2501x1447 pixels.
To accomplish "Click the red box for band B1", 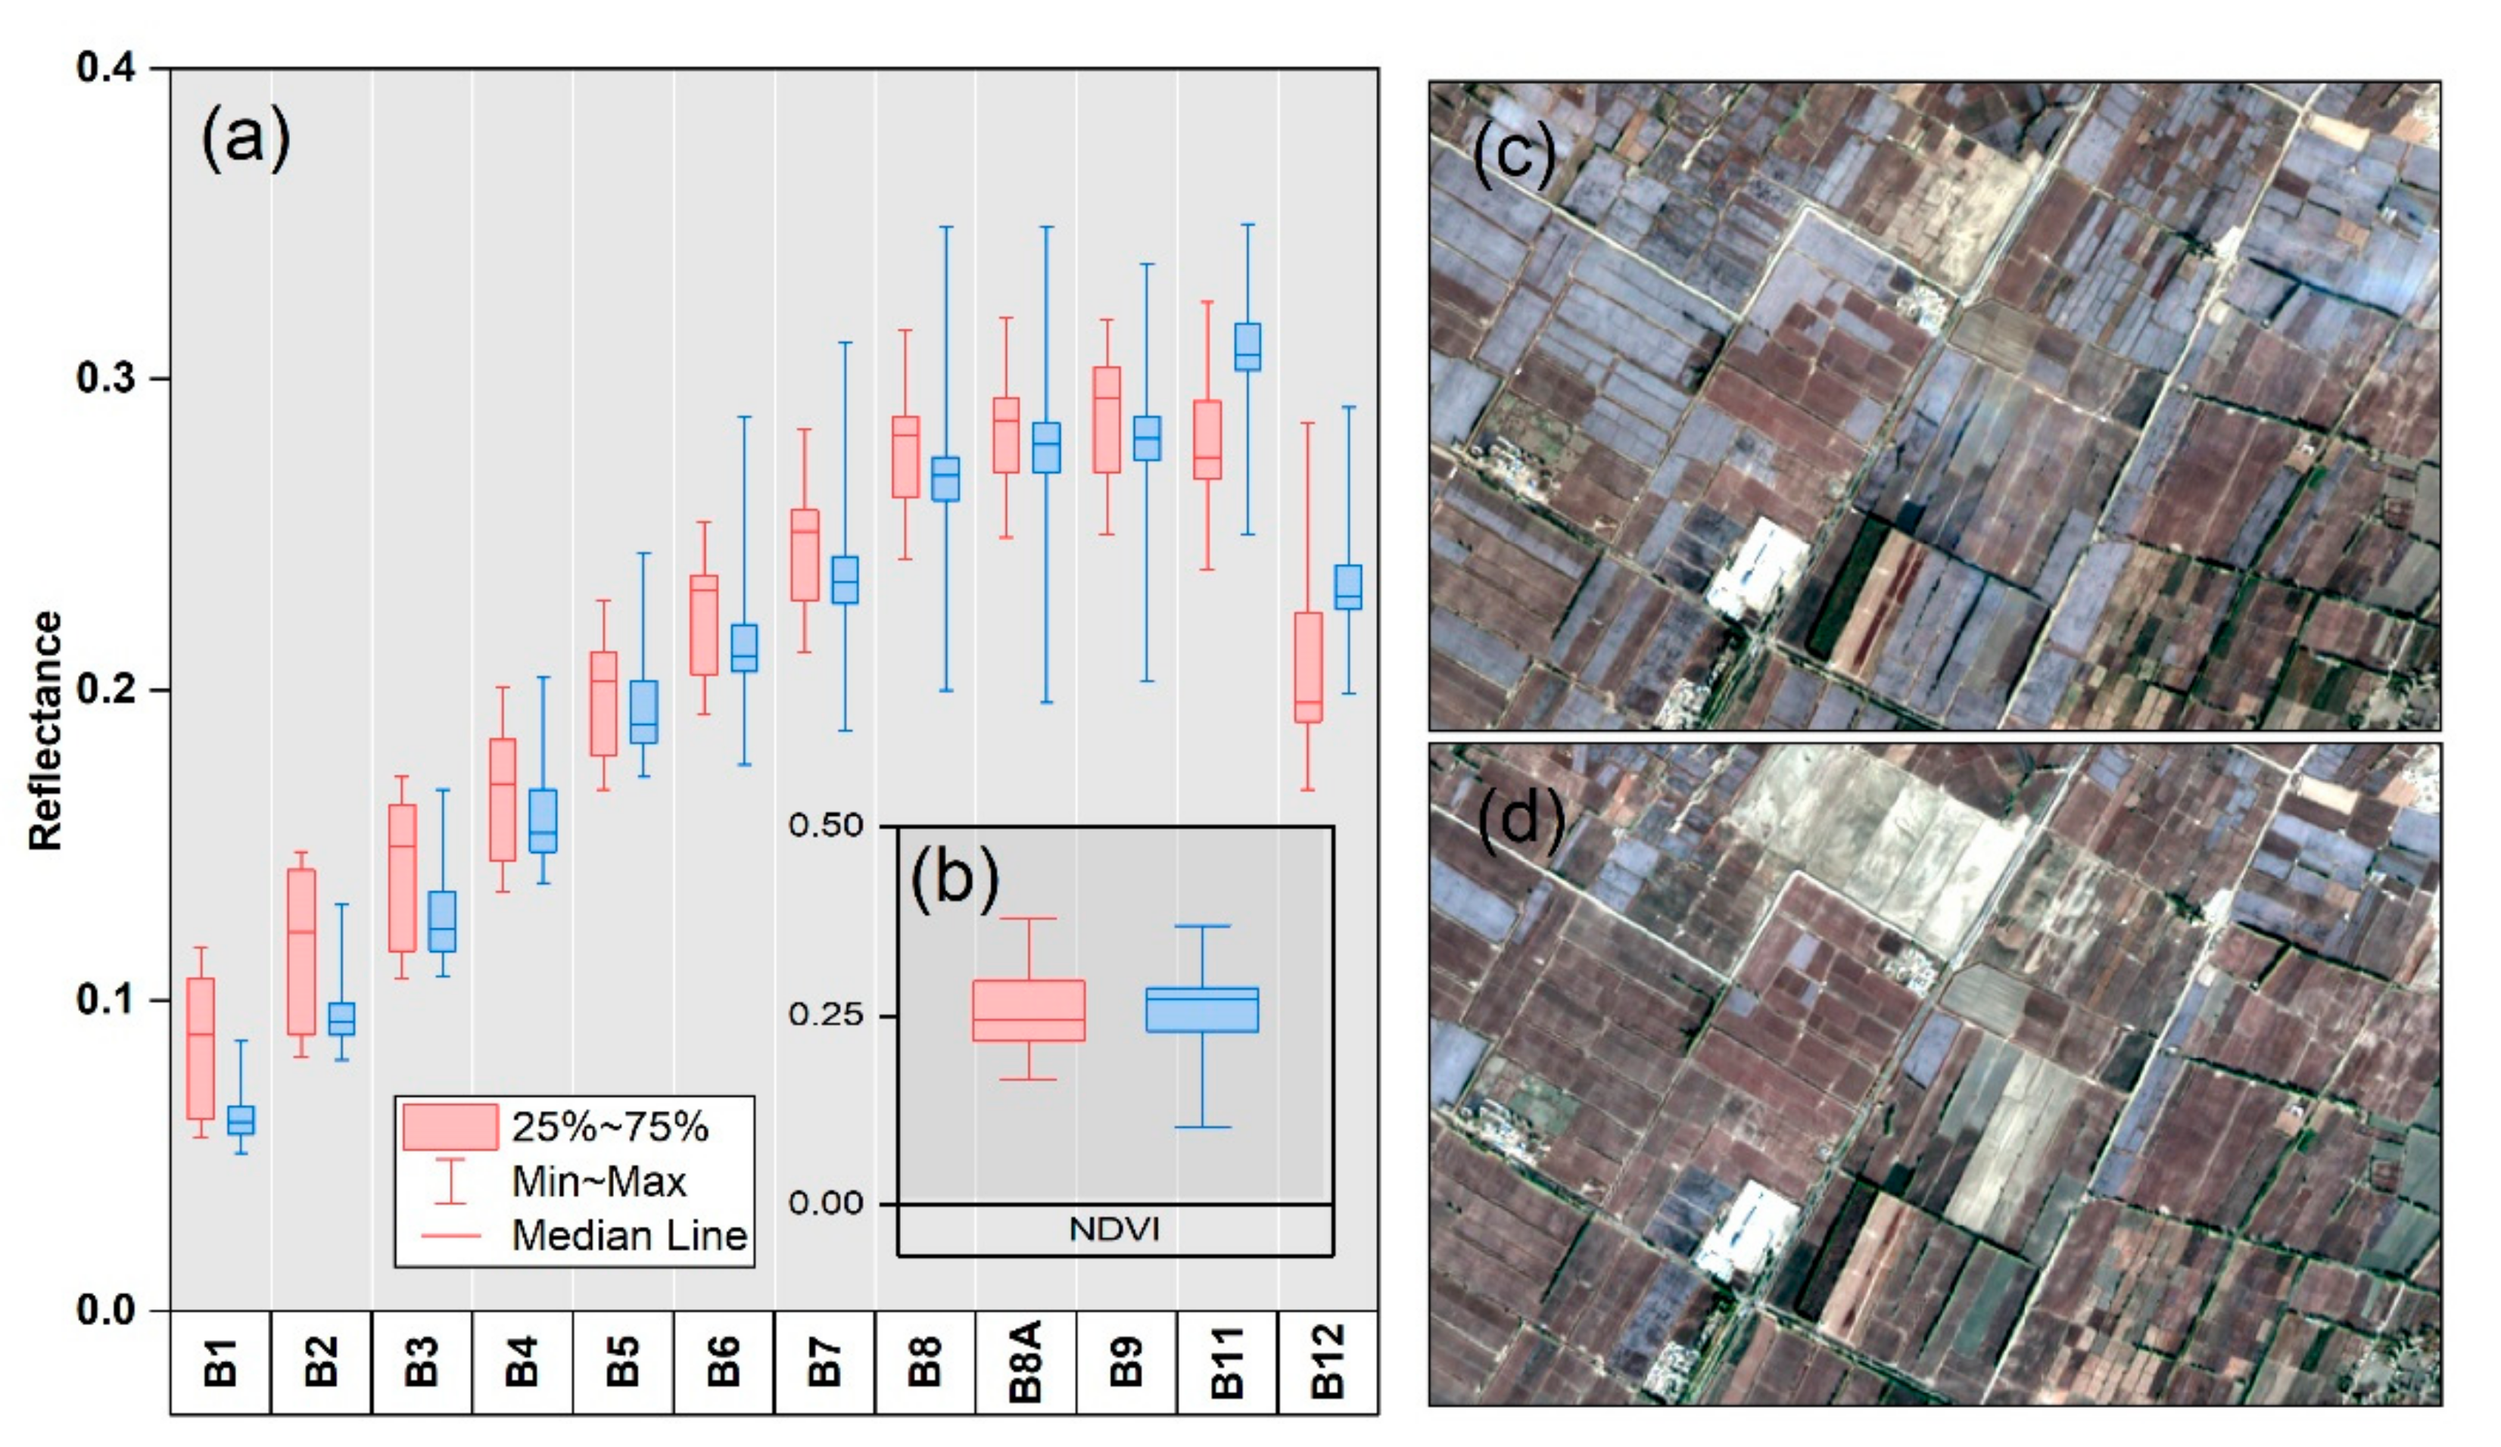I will click(x=201, y=1048).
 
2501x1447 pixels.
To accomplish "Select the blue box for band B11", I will click(x=1247, y=347).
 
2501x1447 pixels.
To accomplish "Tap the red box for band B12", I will click(x=1308, y=667).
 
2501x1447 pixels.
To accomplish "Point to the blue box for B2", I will click(x=341, y=1018).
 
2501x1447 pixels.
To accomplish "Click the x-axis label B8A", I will click(x=1026, y=1361).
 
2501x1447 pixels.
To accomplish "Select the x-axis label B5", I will click(x=623, y=1361).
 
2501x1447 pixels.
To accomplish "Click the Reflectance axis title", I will click(x=45, y=730).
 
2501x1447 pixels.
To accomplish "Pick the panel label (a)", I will click(x=246, y=139).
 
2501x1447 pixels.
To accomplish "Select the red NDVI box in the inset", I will click(x=1028, y=1010).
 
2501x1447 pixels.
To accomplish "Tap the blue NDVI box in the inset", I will click(x=1202, y=1010).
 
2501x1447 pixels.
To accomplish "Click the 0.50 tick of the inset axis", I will click(x=826, y=826).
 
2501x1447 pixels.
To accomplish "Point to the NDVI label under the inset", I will click(x=1113, y=1231).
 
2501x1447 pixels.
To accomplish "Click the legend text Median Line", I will click(x=629, y=1236).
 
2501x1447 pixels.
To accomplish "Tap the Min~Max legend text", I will click(x=599, y=1182).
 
